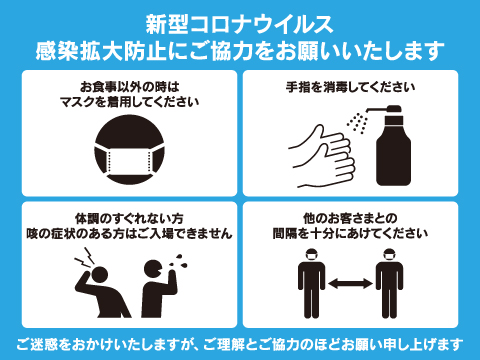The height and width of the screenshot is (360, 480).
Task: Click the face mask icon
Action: click(129, 150)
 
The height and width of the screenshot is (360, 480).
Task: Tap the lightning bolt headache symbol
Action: click(84, 257)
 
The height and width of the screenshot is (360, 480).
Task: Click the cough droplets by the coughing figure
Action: click(179, 262)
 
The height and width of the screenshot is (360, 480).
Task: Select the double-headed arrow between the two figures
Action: click(350, 284)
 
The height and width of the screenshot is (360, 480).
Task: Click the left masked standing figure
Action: click(311, 283)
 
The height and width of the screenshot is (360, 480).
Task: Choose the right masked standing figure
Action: click(389, 283)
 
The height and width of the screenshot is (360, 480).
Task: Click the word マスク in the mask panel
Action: click(78, 102)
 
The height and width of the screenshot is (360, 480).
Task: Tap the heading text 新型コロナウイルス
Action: click(240, 24)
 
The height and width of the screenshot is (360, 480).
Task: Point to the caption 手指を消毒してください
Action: click(350, 87)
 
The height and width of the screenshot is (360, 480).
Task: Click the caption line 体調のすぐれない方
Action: click(129, 219)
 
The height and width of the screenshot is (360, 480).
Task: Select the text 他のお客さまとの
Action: click(350, 219)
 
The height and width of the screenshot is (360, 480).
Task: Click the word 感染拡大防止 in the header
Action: click(101, 51)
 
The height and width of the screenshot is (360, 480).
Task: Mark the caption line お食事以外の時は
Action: click(129, 87)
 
